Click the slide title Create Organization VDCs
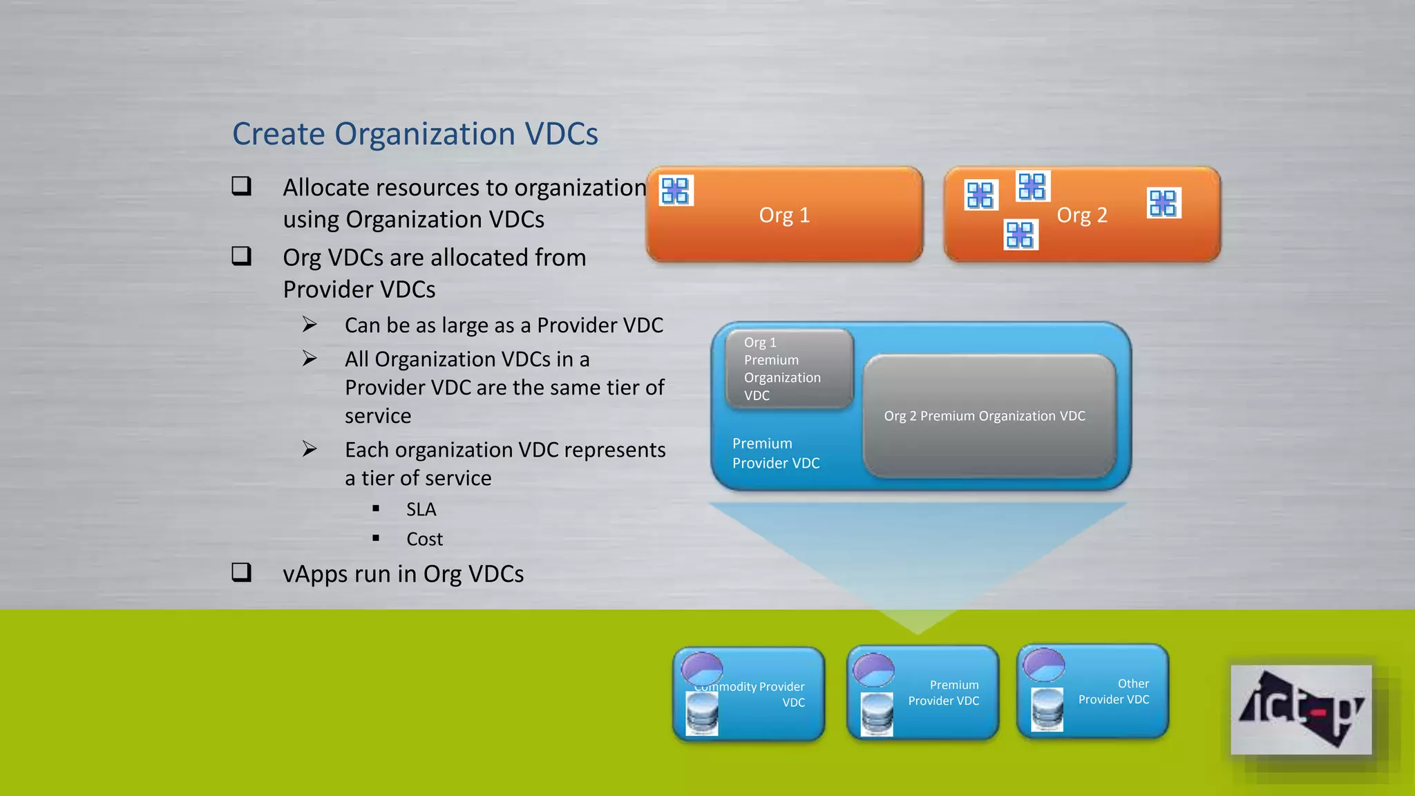[x=415, y=134]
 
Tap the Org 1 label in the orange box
[x=784, y=215]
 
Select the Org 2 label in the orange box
[x=1082, y=215]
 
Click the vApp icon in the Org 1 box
[x=675, y=191]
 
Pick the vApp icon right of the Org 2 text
[x=1164, y=203]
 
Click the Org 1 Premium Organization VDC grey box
[x=789, y=369]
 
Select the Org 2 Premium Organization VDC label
[x=985, y=416]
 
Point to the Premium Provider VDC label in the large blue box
[x=775, y=453]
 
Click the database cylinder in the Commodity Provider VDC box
[x=702, y=714]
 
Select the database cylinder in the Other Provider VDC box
[x=1047, y=710]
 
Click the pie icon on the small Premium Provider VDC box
[x=873, y=668]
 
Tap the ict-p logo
[x=1300, y=710]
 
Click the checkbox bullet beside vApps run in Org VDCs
[x=241, y=572]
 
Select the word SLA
[x=421, y=509]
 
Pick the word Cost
[x=424, y=539]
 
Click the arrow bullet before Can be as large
[x=310, y=324]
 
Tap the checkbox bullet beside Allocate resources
[x=241, y=186]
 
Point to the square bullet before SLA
[x=376, y=509]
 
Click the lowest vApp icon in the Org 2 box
[x=1020, y=235]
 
